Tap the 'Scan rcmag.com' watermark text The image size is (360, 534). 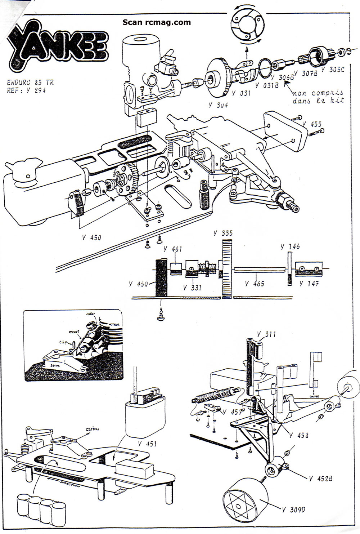click(157, 22)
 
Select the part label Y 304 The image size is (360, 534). click(218, 105)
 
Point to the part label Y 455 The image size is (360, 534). click(311, 124)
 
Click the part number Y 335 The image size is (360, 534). click(222, 233)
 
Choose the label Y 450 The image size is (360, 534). click(91, 237)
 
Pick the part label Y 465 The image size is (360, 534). click(255, 284)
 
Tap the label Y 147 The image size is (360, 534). click(309, 284)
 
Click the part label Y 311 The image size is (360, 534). click(266, 334)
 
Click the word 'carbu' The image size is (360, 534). click(92, 429)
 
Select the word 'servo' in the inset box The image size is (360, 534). click(57, 365)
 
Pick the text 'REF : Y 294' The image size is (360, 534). click(26, 90)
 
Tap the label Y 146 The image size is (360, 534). click(290, 247)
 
